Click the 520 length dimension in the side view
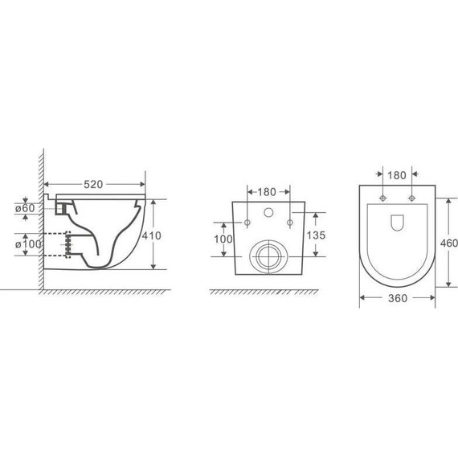click(x=94, y=184)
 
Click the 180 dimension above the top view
click(x=397, y=175)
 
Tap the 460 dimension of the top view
click(x=450, y=243)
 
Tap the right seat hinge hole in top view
click(x=411, y=198)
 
